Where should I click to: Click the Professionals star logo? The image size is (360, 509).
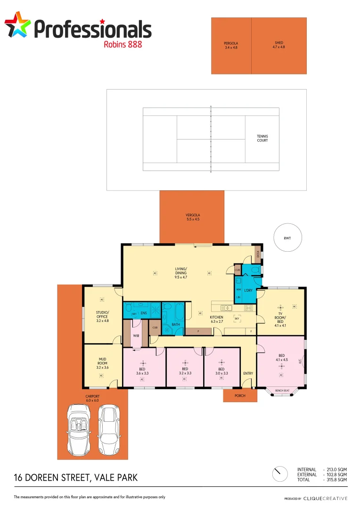[17, 25]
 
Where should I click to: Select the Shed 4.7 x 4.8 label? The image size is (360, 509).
[279, 45]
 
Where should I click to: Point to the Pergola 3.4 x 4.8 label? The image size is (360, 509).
[231, 45]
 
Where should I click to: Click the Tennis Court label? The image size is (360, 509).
[262, 138]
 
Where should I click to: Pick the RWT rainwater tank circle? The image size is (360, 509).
[287, 238]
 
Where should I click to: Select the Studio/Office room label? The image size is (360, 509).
[102, 316]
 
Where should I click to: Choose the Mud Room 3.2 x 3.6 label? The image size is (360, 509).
[102, 364]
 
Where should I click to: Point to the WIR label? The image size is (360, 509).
[135, 336]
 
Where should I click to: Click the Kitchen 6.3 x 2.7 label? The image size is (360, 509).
[216, 320]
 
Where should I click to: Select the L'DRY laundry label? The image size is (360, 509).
[248, 290]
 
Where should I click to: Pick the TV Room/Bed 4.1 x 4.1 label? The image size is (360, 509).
[280, 320]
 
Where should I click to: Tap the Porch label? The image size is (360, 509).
[240, 395]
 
